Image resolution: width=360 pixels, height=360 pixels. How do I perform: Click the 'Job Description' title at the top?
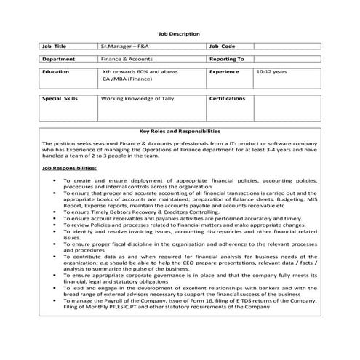[x=179, y=34]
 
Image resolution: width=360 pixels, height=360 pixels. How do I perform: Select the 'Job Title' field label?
[x=55, y=46]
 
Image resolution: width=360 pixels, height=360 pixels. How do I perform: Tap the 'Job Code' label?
[x=222, y=46]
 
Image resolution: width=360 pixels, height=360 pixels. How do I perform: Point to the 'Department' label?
[x=59, y=59]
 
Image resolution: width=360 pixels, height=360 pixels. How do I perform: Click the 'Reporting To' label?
[x=226, y=59]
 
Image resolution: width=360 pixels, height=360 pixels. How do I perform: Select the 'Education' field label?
[x=56, y=73]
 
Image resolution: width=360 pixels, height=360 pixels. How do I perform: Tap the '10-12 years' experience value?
[x=271, y=73]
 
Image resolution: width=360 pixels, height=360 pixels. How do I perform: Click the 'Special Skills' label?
[x=60, y=97]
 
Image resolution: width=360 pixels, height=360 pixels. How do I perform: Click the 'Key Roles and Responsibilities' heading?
[x=179, y=132]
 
